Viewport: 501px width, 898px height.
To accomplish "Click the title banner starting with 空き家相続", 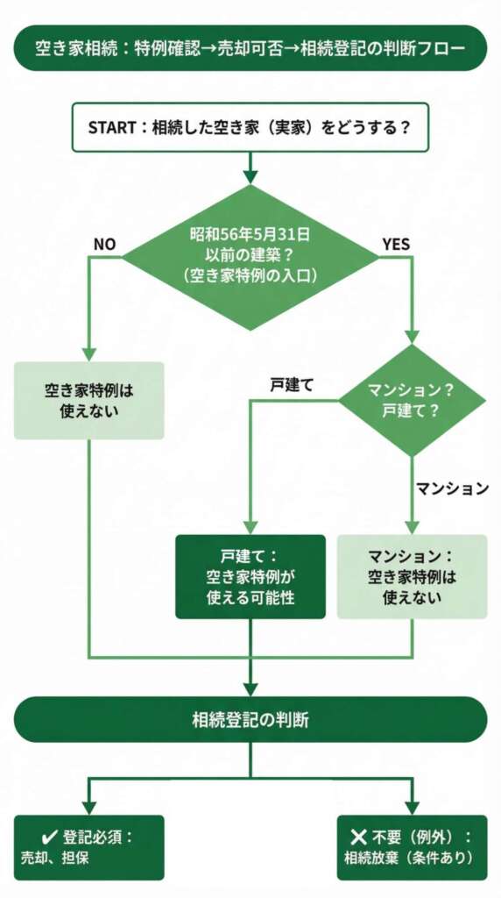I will [x=250, y=48].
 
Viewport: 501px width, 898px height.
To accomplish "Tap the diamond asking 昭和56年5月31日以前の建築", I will [x=250, y=256].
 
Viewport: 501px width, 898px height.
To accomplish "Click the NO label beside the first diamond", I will [x=105, y=244].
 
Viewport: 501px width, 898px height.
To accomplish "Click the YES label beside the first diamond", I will [x=396, y=244].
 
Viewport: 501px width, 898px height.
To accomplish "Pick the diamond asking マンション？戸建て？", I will [x=412, y=400].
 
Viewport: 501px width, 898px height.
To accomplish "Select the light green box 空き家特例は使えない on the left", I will [x=88, y=400].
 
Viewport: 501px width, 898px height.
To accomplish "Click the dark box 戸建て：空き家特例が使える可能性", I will [x=250, y=576].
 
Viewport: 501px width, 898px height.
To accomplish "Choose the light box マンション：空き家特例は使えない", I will [x=412, y=576].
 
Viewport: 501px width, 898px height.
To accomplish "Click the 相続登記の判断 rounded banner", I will [x=250, y=720].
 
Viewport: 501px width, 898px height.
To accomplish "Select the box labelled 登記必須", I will [x=88, y=847].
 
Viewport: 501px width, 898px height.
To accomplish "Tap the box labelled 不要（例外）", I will [x=412, y=847].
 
